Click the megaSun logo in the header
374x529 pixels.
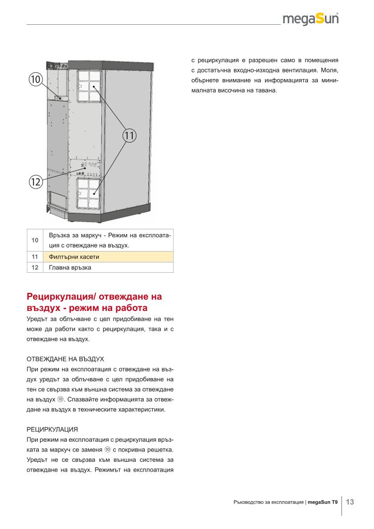[x=311, y=20]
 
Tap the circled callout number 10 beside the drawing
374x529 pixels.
[x=35, y=80]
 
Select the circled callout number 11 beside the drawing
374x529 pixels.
[x=129, y=136]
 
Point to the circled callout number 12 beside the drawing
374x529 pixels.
[x=35, y=182]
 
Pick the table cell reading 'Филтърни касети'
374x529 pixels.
[x=73, y=256]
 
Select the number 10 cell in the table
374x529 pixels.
[x=35, y=240]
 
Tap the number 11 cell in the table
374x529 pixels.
[x=35, y=256]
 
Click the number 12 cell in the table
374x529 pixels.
[x=35, y=268]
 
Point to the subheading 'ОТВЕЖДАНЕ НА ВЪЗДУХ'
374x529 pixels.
[x=65, y=358]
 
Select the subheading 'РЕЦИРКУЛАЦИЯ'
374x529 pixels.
[x=52, y=429]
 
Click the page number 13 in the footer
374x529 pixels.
[x=350, y=502]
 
